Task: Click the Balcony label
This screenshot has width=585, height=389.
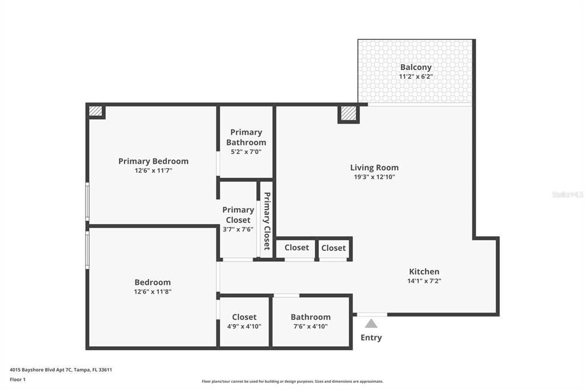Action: (415, 67)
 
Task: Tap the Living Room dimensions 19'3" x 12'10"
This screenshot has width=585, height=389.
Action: (374, 177)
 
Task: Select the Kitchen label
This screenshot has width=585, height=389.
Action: (424, 272)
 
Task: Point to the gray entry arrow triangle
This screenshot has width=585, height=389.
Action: (371, 323)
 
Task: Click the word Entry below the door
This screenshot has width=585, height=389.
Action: (371, 338)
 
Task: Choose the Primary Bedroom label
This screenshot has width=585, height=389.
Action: (153, 161)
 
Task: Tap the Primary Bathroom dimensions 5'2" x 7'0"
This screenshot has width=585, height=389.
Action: (246, 152)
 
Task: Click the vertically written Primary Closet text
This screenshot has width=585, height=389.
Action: (267, 221)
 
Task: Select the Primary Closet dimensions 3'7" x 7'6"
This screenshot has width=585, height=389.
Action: (238, 229)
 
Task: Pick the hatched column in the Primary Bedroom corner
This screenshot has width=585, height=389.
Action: (95, 111)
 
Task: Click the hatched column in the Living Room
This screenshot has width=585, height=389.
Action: (348, 114)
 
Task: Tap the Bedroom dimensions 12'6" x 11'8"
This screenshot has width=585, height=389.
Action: (153, 291)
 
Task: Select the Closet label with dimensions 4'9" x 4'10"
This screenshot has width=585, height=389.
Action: (244, 317)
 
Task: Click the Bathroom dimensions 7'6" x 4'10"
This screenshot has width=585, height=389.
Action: (310, 326)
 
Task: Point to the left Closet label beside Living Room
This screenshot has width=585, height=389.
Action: (296, 248)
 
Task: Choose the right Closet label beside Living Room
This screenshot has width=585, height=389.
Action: (333, 248)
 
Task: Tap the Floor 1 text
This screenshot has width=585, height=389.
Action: (18, 379)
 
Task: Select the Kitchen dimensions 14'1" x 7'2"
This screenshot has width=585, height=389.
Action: (424, 281)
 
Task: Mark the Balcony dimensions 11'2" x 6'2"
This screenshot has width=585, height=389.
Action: (415, 76)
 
